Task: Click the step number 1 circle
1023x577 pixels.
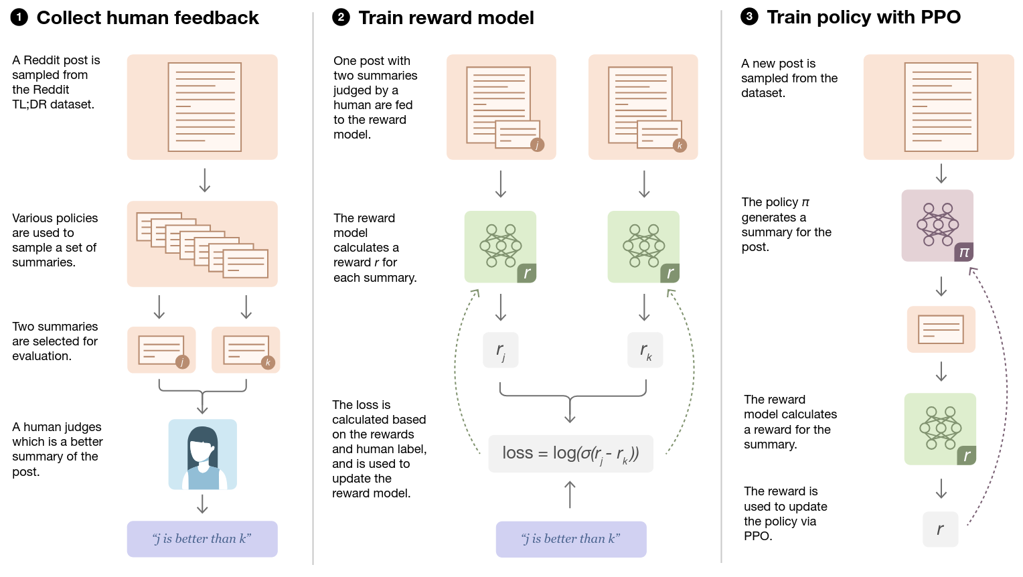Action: [19, 17]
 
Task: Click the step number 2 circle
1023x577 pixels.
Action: [341, 17]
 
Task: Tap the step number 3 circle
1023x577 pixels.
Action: [749, 17]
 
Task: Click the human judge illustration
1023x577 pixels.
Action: [202, 455]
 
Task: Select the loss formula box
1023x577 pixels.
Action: [570, 453]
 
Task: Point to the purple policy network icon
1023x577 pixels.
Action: [937, 226]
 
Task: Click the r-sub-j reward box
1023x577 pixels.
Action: [501, 350]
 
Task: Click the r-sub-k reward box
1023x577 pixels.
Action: [645, 350]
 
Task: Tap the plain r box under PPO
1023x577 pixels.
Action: [940, 529]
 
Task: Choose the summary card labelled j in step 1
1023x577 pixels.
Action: [161, 350]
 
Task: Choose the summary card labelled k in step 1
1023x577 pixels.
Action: [246, 350]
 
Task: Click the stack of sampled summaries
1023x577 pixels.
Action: [202, 244]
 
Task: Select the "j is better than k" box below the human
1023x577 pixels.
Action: [202, 539]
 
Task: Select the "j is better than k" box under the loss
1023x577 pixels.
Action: [571, 539]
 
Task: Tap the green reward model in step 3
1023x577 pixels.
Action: [940, 429]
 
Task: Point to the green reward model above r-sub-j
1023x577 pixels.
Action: [501, 246]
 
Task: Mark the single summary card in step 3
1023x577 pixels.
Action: [941, 329]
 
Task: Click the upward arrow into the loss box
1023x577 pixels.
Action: [570, 494]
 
